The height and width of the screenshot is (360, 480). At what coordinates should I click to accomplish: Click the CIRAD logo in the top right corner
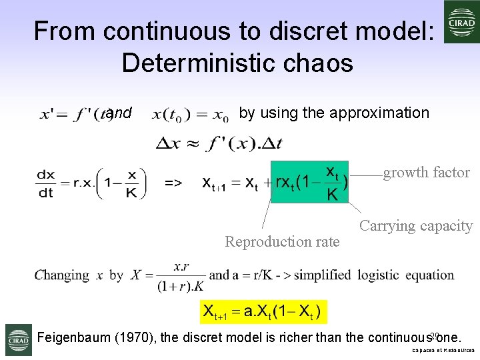pos(462,21)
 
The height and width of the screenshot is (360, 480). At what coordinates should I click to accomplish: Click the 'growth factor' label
pos(426,173)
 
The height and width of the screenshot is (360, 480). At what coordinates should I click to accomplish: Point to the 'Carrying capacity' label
pos(416,226)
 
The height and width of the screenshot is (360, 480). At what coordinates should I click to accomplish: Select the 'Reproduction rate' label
pos(282,241)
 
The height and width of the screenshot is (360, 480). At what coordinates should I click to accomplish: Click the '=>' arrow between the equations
pos(173,182)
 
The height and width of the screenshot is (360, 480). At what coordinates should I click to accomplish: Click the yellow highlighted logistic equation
pos(263,311)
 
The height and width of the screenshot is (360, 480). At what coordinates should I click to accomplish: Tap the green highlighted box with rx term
pos(310,181)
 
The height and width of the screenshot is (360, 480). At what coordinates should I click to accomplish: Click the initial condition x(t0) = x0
pos(191,115)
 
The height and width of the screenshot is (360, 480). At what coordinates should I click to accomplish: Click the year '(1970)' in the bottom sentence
pos(138,337)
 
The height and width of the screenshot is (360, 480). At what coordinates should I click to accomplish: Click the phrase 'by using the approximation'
pos(333,113)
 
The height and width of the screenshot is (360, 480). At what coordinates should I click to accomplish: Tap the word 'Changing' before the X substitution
pos(62,275)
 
